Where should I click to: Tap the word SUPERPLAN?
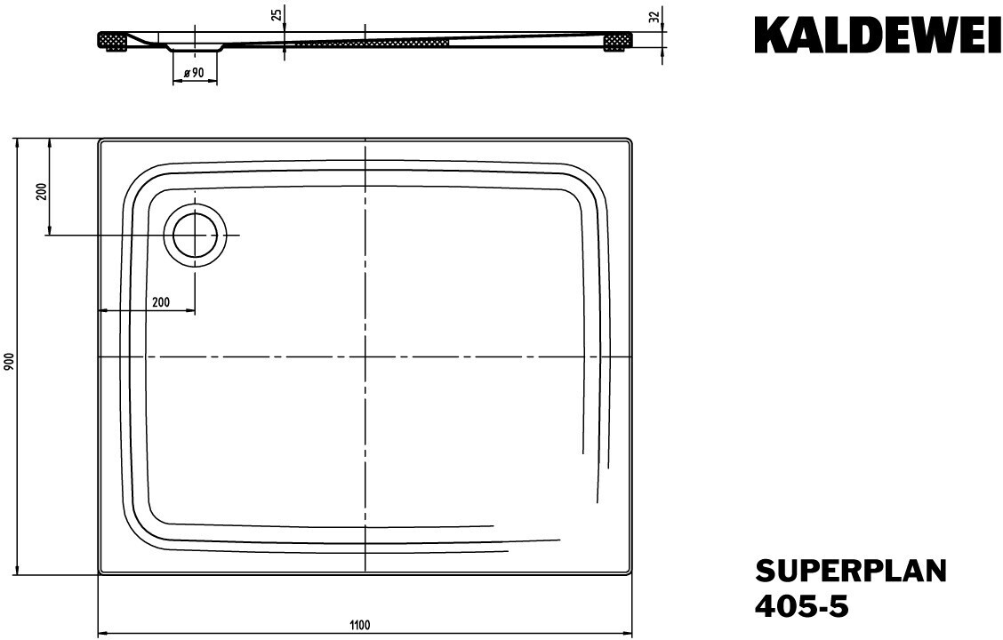click(851, 571)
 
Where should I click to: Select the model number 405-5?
click(802, 605)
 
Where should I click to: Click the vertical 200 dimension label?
click(42, 192)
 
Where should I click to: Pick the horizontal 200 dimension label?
click(161, 302)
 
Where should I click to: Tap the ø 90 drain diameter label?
click(193, 73)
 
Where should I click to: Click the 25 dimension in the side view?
click(277, 14)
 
